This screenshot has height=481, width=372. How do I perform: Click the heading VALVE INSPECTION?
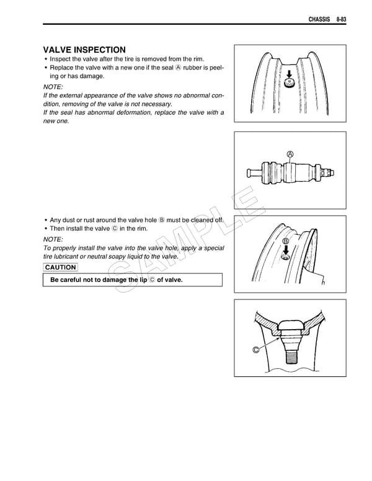click(x=84, y=50)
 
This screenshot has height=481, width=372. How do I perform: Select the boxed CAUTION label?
click(x=60, y=268)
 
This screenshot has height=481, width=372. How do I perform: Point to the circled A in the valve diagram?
click(x=290, y=154)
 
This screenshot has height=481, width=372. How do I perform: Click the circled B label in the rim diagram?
click(x=286, y=240)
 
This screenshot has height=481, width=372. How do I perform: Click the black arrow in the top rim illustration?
click(x=288, y=73)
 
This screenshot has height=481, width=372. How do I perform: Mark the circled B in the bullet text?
click(x=162, y=220)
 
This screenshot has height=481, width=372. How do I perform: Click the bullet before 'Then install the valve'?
click(x=46, y=229)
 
